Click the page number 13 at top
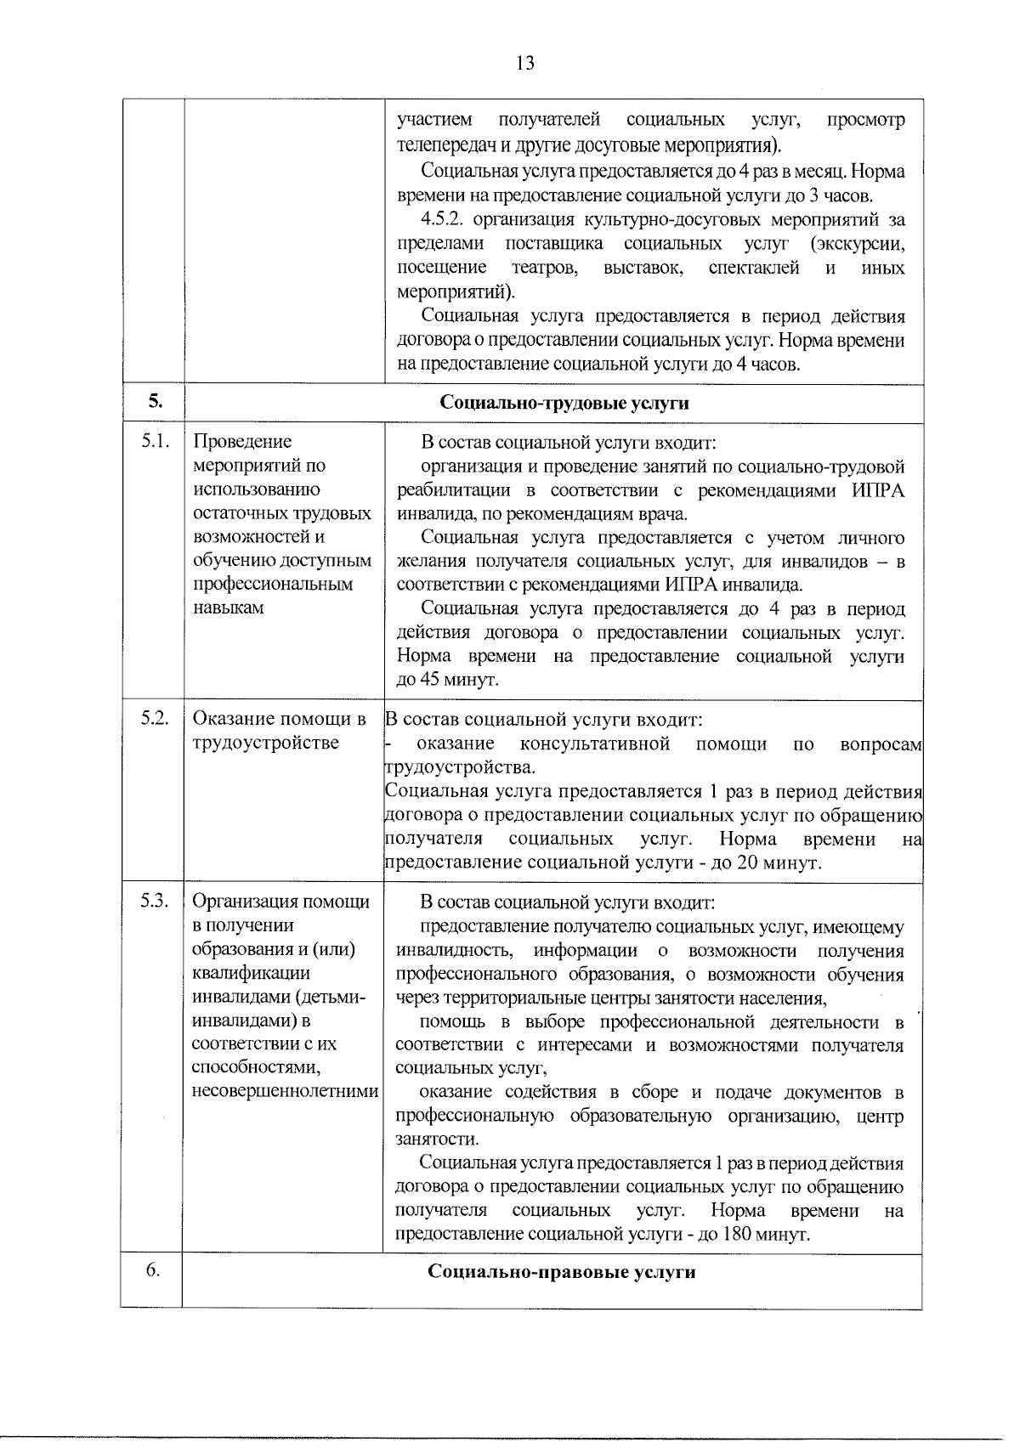(x=524, y=64)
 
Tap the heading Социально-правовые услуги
(x=562, y=1272)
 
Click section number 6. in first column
(x=152, y=1270)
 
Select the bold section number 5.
(x=154, y=403)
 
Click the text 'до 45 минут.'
(x=447, y=681)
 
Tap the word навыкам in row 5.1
(x=229, y=608)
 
